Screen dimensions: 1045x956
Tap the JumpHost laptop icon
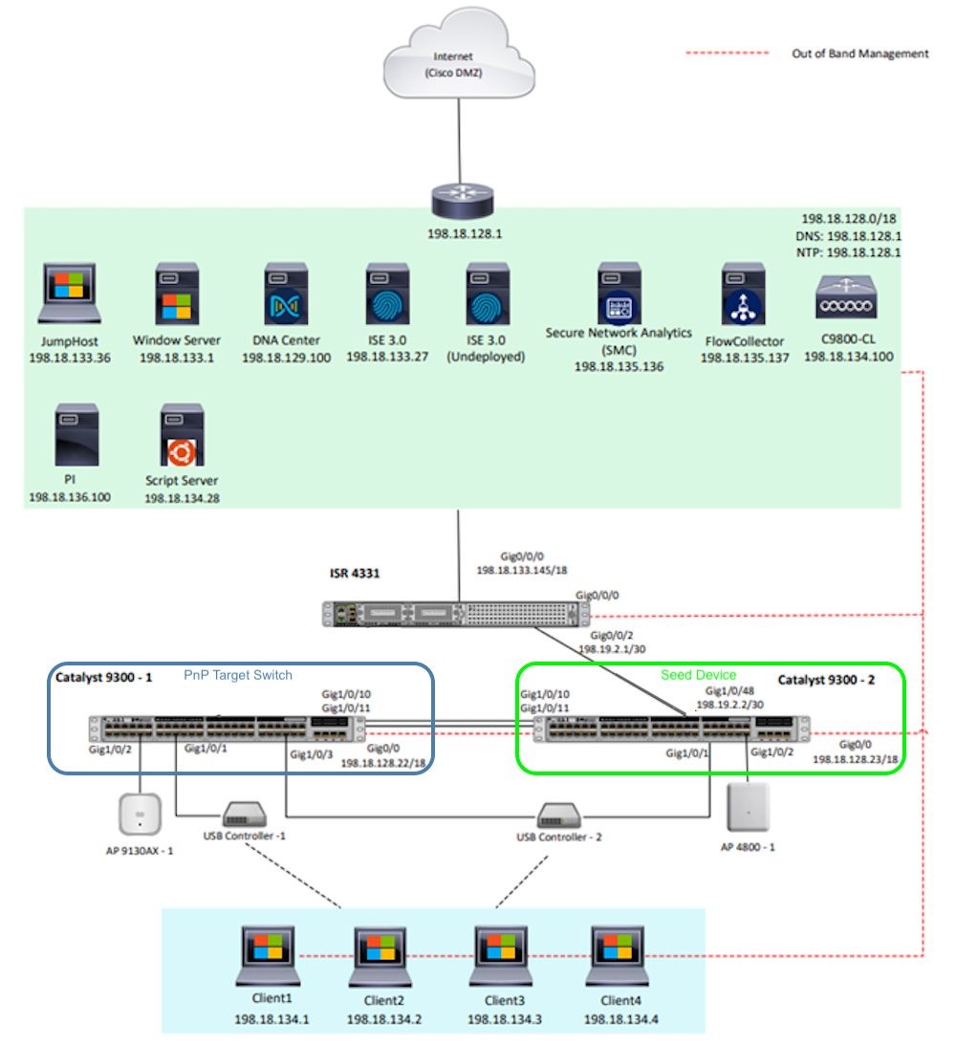pos(74,294)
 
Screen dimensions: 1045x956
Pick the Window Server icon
pos(176,296)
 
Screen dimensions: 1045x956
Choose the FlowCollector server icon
pos(742,296)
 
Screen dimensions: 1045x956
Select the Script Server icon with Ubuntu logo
pos(181,436)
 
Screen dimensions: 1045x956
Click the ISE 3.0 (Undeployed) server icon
pos(487,296)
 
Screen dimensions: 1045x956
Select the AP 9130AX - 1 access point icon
pos(139,813)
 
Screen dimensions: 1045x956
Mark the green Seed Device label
pos(698,675)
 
